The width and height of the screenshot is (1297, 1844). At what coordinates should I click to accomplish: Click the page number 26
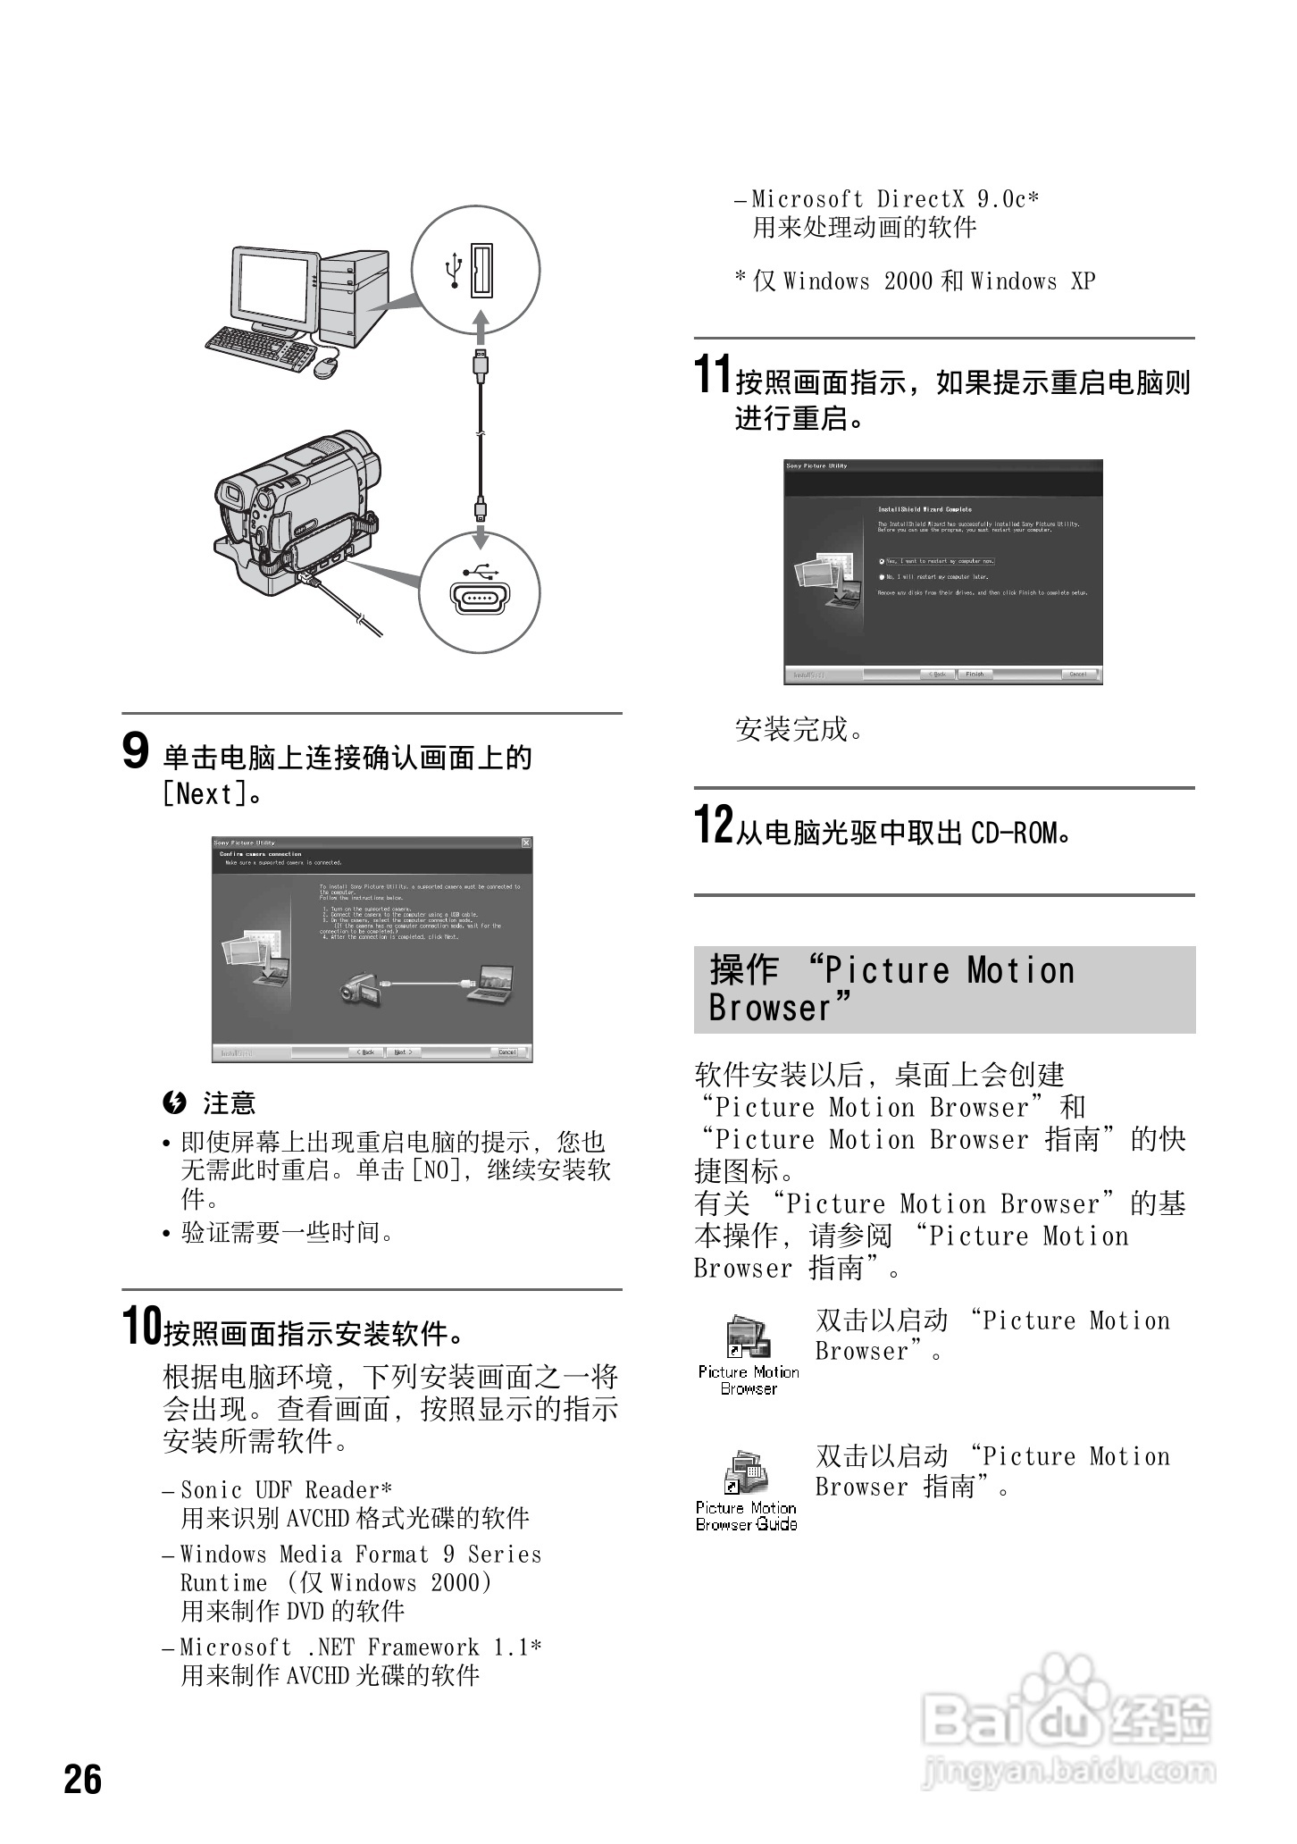83,1780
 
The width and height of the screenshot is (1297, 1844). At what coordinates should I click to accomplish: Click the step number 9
135,750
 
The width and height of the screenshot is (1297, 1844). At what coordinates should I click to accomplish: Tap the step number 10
142,1326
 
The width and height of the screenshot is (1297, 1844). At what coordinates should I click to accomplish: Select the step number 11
713,374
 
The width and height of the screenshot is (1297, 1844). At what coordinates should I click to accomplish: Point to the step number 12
714,824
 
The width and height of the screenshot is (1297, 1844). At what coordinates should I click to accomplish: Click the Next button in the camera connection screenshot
403,1052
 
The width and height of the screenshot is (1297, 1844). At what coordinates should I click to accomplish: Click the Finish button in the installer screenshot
975,675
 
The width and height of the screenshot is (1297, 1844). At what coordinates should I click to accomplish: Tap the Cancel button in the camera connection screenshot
507,1052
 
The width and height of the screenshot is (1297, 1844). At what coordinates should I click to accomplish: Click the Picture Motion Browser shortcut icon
748,1338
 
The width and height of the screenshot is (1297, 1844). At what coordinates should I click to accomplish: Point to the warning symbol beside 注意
174,1103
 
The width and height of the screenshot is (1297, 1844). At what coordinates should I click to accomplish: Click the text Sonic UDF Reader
286,1490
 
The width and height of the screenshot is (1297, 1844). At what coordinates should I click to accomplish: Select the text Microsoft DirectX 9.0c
895,199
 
